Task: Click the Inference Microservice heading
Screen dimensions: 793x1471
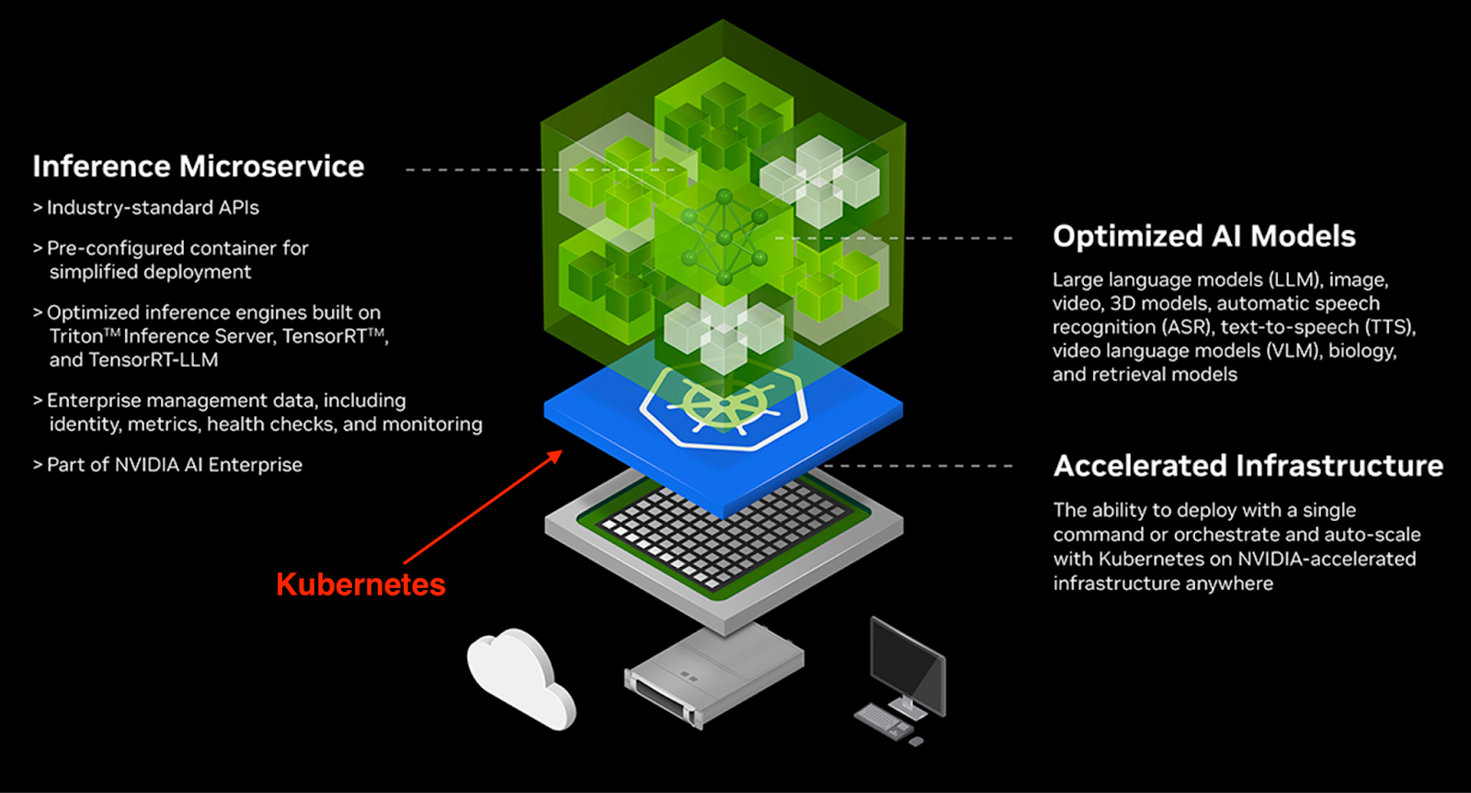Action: pos(198,166)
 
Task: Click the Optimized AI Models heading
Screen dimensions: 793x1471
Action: pos(1203,236)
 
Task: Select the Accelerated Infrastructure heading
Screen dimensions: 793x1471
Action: pos(1248,466)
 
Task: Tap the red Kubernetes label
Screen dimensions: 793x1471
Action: pos(360,584)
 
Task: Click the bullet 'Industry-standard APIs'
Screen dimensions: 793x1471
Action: pos(153,208)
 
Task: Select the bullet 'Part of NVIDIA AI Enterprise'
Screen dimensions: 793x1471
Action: pos(174,465)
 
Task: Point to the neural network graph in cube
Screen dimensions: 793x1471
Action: pos(724,237)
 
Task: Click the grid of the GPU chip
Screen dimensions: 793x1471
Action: pos(722,533)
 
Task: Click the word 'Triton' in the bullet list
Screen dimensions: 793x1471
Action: pos(75,336)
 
